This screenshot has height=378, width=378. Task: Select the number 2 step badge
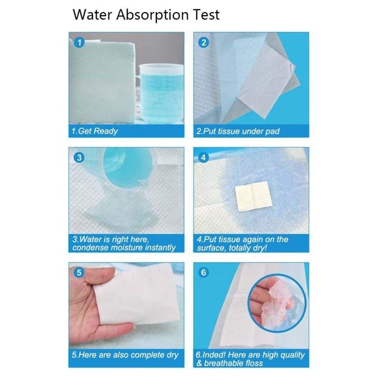coord(204,43)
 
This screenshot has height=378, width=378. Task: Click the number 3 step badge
coord(79,157)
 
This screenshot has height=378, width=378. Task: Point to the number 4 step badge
coord(204,157)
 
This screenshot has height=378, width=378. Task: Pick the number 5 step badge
coord(79,273)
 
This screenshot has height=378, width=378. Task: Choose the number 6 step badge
coord(204,273)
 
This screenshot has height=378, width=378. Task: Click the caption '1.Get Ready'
coord(95,131)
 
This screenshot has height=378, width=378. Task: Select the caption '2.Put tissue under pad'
coord(238,131)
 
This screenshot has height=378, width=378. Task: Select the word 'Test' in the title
coord(205,15)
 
